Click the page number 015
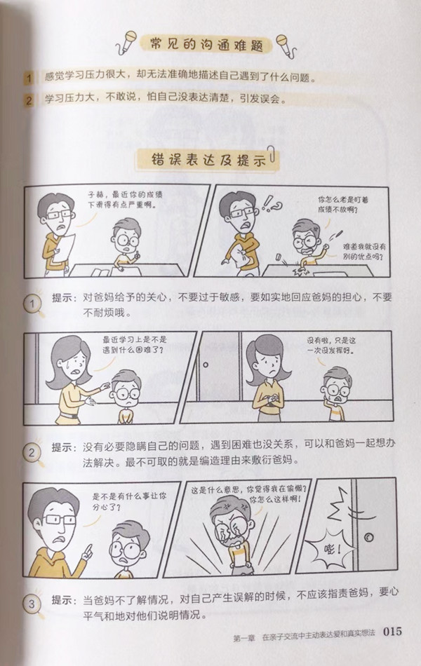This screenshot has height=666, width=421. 392,631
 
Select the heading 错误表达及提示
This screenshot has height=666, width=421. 208,160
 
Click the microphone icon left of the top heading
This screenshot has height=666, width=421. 127,43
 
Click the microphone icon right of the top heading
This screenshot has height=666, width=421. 286,46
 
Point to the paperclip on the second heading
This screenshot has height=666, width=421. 272,154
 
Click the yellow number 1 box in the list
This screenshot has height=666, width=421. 29,78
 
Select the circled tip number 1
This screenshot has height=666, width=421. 32,304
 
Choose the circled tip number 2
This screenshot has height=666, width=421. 32,453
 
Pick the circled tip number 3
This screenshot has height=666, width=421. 32,603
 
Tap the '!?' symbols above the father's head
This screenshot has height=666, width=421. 272,205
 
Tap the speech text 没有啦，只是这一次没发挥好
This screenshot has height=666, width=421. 331,346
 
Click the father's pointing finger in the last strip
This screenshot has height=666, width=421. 89,551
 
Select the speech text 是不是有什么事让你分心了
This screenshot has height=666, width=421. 129,501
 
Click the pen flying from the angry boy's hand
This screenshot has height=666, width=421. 338,235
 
